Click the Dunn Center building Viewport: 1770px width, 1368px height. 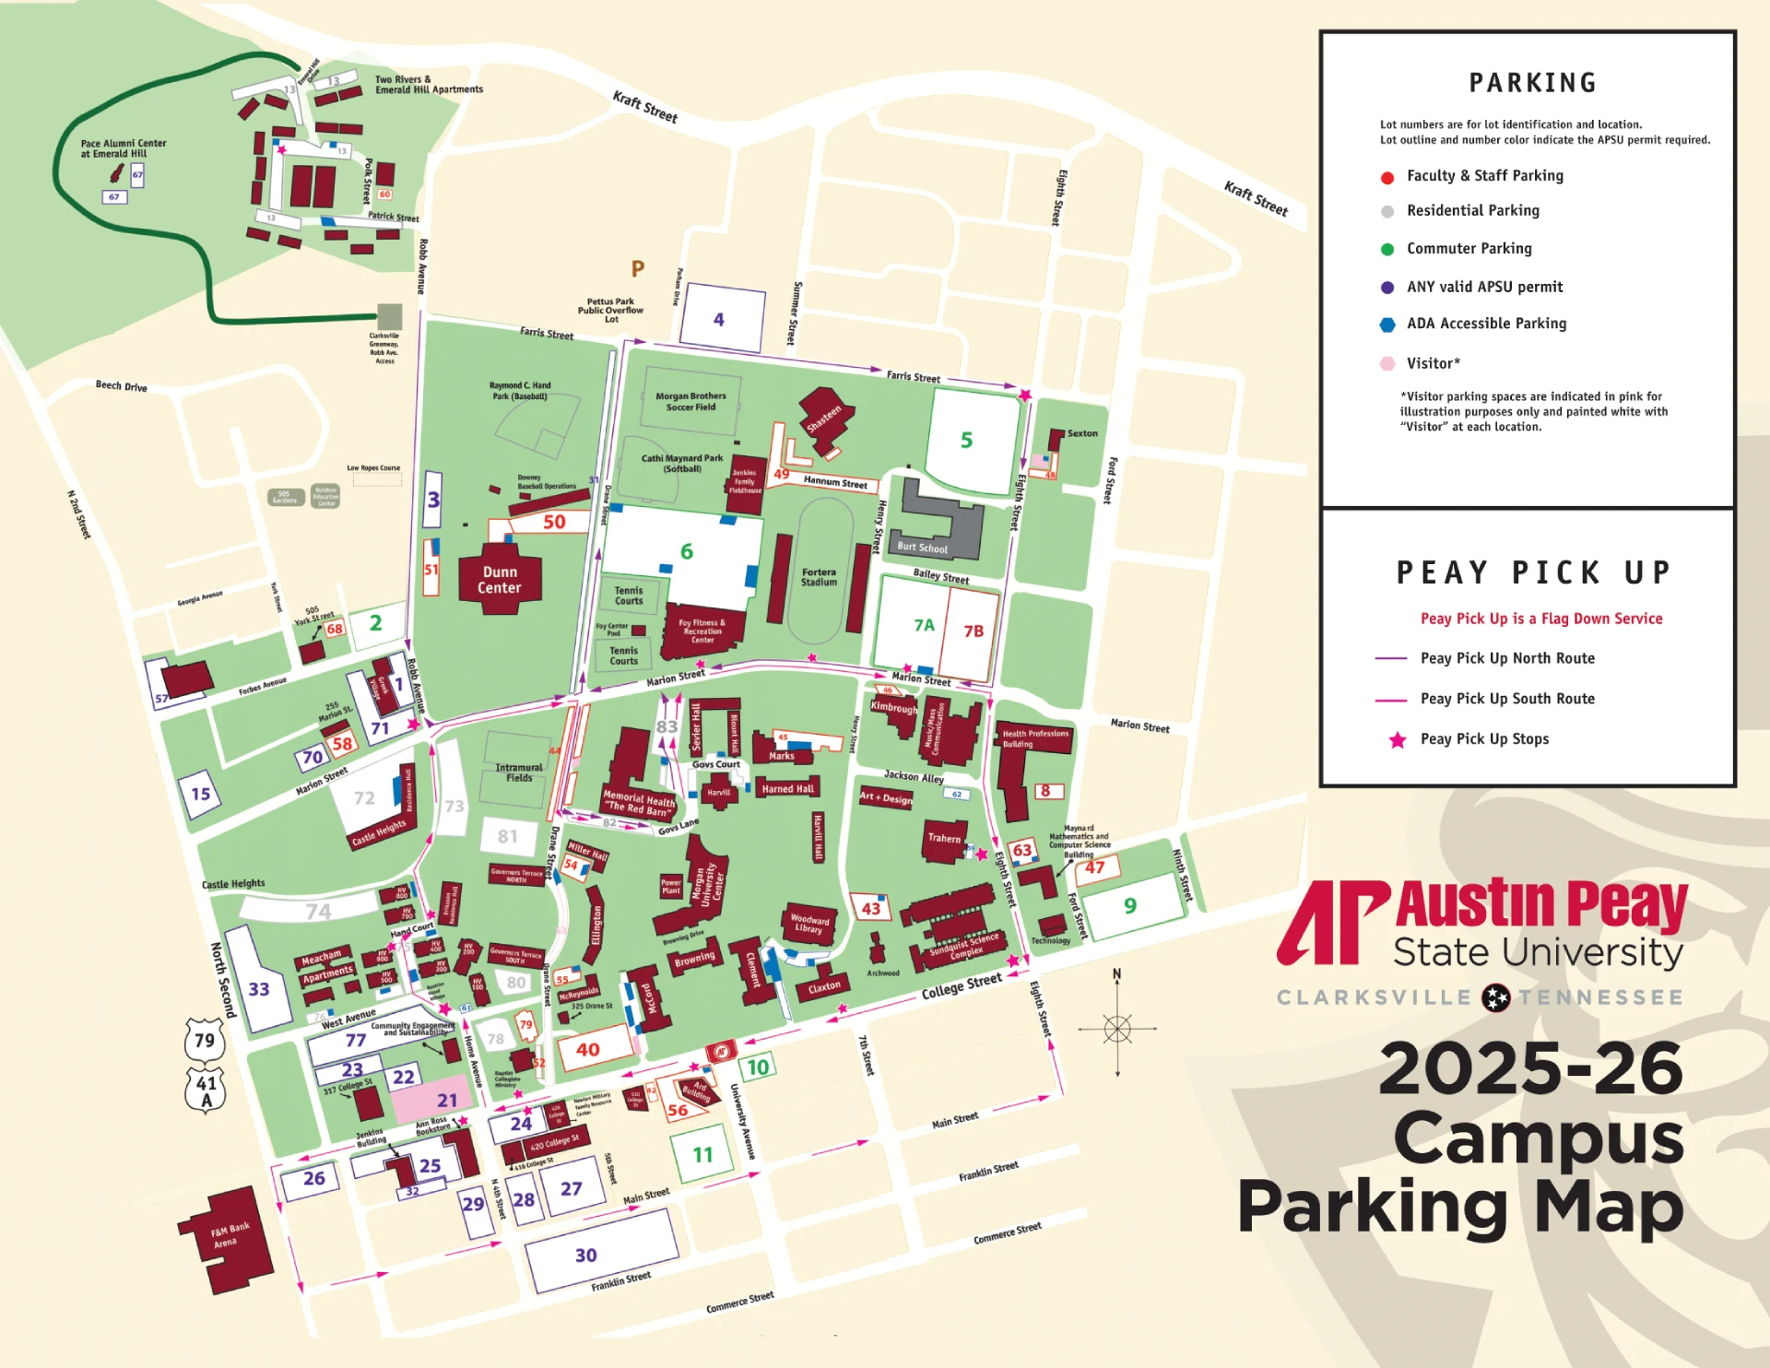pos(499,580)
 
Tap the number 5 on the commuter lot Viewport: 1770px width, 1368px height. pos(966,441)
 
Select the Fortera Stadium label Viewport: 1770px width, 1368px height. pos(819,577)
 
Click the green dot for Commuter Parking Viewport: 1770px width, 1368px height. pos(1386,249)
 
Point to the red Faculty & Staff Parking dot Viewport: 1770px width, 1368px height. pos(1386,177)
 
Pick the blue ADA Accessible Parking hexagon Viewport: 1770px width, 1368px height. pos(1386,324)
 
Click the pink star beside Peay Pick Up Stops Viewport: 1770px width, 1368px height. pos(1398,739)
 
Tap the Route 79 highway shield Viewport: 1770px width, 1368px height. pos(205,1041)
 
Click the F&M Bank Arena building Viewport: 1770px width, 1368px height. pos(227,1238)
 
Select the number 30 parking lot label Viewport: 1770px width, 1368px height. pos(586,1255)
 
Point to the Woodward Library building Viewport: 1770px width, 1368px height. pos(809,923)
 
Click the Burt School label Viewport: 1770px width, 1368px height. pos(922,548)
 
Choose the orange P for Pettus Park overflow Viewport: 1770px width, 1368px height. pos(638,269)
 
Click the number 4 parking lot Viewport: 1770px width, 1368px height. pos(719,320)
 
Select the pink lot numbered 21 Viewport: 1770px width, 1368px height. pos(447,1100)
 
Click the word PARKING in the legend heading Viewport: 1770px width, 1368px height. pos(1532,83)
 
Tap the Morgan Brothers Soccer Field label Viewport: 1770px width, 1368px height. pos(690,401)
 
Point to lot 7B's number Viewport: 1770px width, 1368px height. pos(973,631)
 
